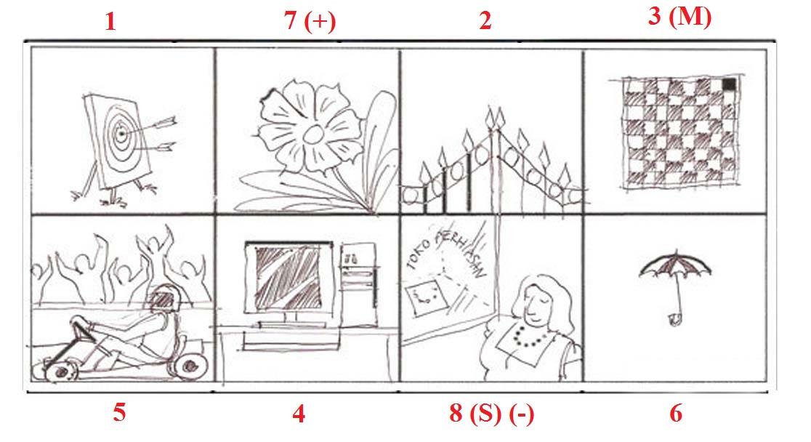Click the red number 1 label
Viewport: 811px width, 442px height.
click(x=110, y=22)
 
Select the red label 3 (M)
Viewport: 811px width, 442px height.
click(x=679, y=17)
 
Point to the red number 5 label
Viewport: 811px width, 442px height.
click(x=119, y=412)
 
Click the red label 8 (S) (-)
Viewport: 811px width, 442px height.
click(x=491, y=414)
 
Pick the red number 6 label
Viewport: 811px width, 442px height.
click(x=676, y=413)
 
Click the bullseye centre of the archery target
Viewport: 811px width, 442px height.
click(x=121, y=134)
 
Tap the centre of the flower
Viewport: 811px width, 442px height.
click(x=313, y=134)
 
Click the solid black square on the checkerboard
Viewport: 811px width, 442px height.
click(x=729, y=84)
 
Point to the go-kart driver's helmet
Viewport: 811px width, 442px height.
click(x=164, y=300)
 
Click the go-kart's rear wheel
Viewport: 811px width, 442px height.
click(x=189, y=366)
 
